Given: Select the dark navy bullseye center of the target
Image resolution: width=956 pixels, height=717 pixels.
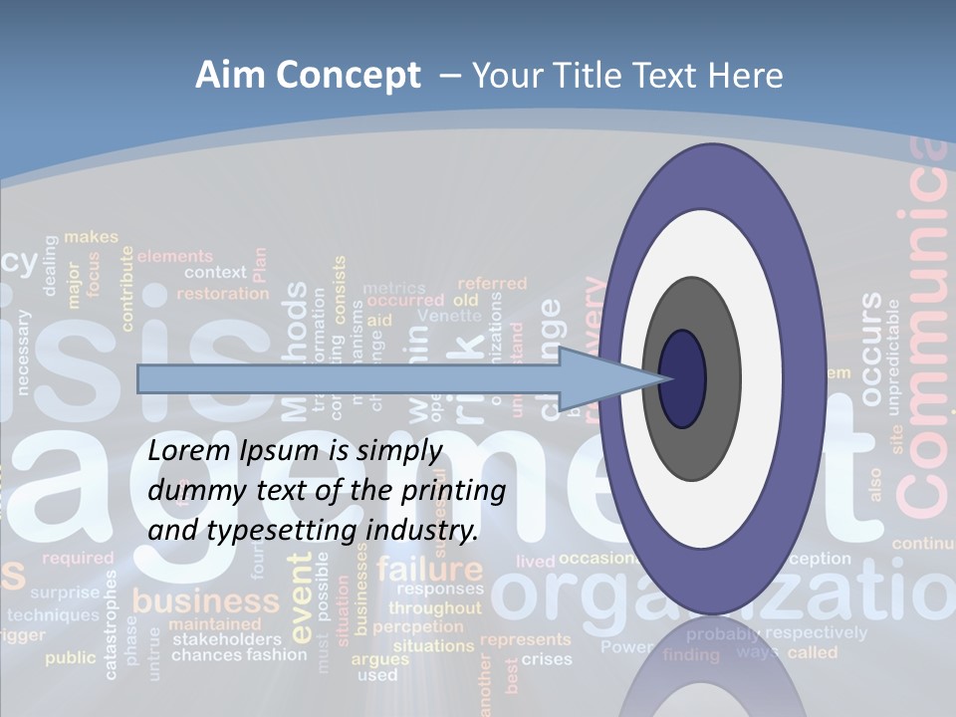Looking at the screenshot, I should [682, 378].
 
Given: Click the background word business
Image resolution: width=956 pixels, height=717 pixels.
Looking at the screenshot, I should [206, 601].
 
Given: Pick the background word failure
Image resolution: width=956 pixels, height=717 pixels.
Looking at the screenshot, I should [429, 571].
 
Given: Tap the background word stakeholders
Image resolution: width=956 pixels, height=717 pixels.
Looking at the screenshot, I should [226, 639].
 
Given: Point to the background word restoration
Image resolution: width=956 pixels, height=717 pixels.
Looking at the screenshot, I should [222, 294].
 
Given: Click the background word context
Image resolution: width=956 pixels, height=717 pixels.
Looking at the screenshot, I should [214, 272].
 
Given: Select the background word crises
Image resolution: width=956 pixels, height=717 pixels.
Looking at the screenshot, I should [547, 659].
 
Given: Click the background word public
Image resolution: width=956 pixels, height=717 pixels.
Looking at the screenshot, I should [71, 658].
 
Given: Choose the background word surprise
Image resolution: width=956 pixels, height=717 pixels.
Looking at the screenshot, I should [65, 593].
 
